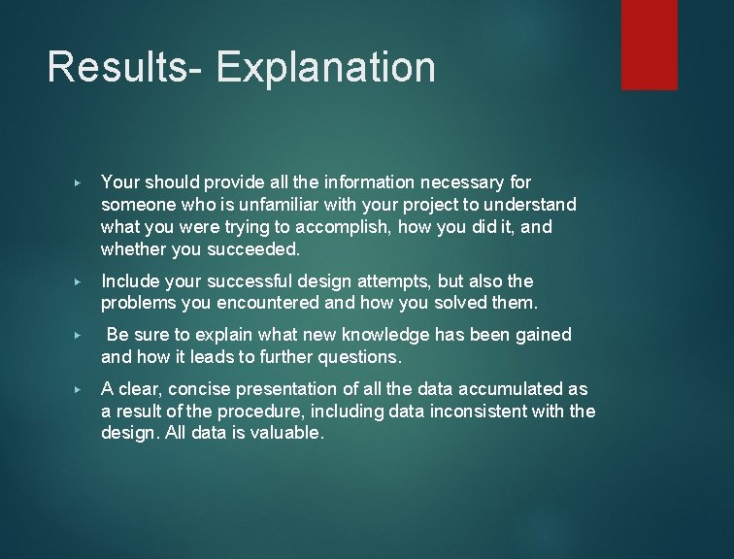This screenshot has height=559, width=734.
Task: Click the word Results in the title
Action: [x=120, y=68]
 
